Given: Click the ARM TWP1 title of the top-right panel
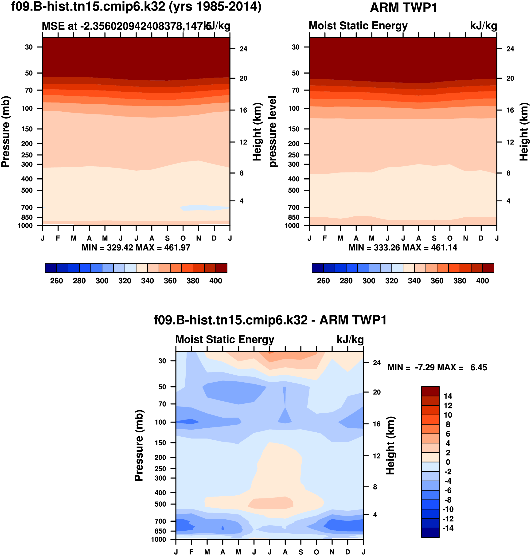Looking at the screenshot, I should (x=403, y=8).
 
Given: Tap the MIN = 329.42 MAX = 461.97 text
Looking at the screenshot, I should (x=136, y=248).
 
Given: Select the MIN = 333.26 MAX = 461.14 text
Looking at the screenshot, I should (x=402, y=248).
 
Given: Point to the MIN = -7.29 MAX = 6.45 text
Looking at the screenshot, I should (x=437, y=368).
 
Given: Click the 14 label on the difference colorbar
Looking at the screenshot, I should (x=448, y=396).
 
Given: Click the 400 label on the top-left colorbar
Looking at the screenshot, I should (x=215, y=281).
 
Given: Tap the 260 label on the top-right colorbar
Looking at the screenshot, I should (x=323, y=281).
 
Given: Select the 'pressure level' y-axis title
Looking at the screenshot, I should (x=273, y=132).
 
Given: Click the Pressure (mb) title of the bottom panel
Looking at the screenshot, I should (x=139, y=446).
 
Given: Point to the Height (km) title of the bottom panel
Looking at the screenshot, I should (x=390, y=446).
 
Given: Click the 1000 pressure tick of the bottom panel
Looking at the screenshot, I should (x=159, y=539).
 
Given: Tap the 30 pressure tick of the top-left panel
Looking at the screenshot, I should (x=29, y=47).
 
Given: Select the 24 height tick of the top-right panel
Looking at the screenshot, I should (x=510, y=49).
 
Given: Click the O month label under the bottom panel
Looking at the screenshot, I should (x=316, y=552).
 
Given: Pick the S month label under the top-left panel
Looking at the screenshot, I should (x=168, y=238).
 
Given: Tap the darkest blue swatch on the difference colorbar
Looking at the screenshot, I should (x=430, y=533).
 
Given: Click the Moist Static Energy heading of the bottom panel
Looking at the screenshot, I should (x=225, y=339).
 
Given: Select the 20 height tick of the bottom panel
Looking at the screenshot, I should (x=377, y=392).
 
